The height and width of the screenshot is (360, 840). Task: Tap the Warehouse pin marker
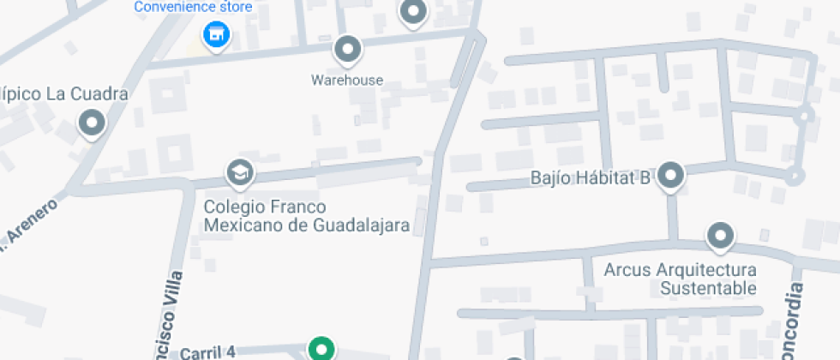347,51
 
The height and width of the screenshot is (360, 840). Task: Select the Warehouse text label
347,81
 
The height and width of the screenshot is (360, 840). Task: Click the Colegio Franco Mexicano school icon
240,174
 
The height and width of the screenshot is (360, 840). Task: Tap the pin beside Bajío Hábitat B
671,177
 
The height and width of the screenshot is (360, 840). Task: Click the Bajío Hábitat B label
591,179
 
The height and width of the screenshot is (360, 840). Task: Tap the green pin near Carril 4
321,349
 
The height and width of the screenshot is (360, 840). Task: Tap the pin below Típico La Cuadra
91,123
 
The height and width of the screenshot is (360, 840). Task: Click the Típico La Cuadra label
62,93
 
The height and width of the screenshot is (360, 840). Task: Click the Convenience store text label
193,8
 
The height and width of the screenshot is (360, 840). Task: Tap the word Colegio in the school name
231,207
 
